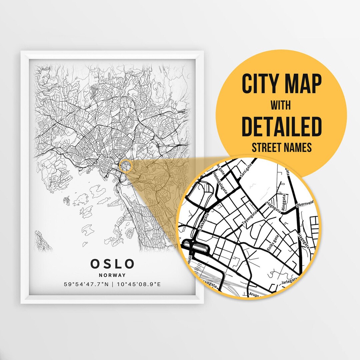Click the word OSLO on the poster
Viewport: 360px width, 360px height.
(112, 263)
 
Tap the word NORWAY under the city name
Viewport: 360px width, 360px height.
(112, 275)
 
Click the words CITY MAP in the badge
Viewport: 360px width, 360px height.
(282, 85)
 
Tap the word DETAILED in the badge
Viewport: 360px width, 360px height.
(282, 126)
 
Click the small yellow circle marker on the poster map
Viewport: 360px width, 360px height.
(126, 166)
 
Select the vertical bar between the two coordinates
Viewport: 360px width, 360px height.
(112, 284)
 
